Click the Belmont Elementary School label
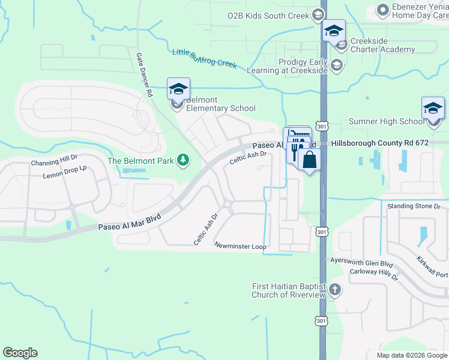coord(220,104)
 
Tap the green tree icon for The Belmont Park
coord(183,160)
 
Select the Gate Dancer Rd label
coord(143,74)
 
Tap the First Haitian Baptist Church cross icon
coord(335,290)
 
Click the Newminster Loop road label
coord(240,246)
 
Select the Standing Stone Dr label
coord(414,206)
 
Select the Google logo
coord(20,353)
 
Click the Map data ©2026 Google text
coord(411,355)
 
